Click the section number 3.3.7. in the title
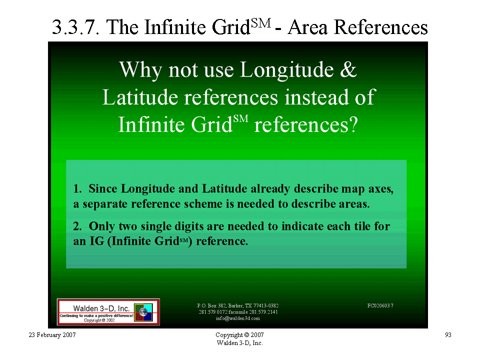(x=76, y=27)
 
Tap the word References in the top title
(x=380, y=27)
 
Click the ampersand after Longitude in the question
(x=348, y=69)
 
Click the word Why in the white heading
(x=140, y=70)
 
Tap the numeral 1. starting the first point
(x=77, y=188)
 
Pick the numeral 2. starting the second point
(x=77, y=226)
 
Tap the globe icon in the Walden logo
(x=143, y=312)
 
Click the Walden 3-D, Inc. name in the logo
(x=101, y=308)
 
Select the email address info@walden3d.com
(x=238, y=318)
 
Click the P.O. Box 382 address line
(x=238, y=305)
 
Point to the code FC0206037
(x=380, y=305)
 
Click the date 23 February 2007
(x=52, y=335)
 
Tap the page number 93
(x=448, y=335)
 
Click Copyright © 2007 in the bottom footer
(x=239, y=335)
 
